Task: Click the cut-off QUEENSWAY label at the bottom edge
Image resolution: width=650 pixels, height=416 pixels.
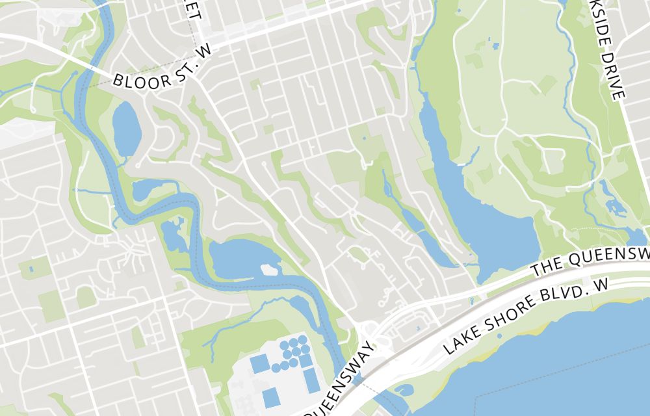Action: pos(339,390)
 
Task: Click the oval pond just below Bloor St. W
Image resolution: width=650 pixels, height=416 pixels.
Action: pos(127,129)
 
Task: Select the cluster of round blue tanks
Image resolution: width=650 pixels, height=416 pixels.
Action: pos(294,353)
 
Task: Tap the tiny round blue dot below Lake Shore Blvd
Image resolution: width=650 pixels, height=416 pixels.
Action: pos(499,336)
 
